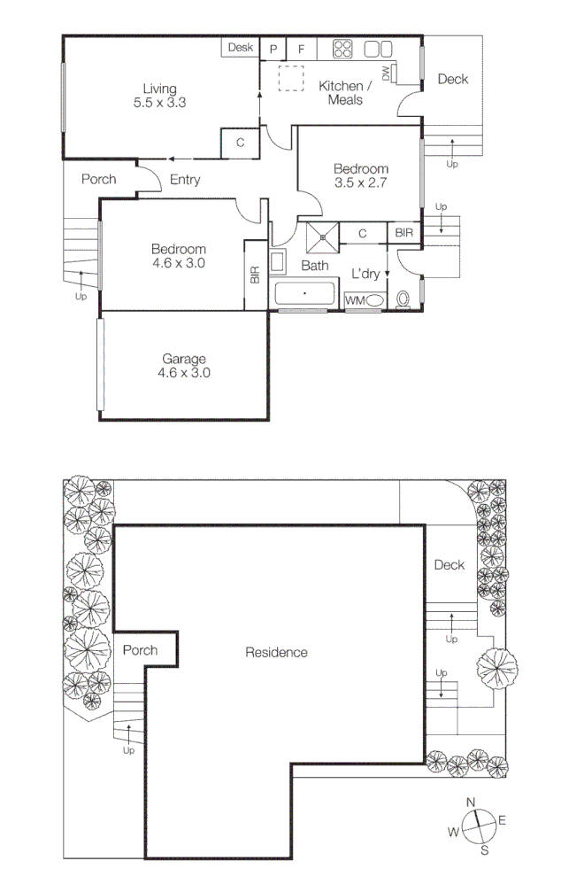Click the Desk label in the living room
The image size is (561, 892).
(x=240, y=48)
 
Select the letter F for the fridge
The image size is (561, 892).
(x=301, y=49)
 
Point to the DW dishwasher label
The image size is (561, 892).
(x=387, y=75)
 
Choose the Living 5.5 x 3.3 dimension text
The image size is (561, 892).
(x=160, y=96)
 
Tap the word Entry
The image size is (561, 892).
(x=185, y=180)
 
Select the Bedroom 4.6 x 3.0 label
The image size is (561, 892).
(x=178, y=256)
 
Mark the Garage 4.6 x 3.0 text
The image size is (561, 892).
(x=184, y=366)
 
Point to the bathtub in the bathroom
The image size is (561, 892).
(x=306, y=293)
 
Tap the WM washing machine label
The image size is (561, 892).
(x=354, y=301)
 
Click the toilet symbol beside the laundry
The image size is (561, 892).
(x=404, y=299)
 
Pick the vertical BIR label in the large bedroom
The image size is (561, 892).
(x=255, y=275)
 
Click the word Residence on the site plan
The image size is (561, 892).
(x=276, y=653)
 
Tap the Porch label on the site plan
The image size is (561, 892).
(x=140, y=650)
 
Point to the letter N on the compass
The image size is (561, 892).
(x=471, y=803)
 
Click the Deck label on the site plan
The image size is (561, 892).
(x=449, y=565)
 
